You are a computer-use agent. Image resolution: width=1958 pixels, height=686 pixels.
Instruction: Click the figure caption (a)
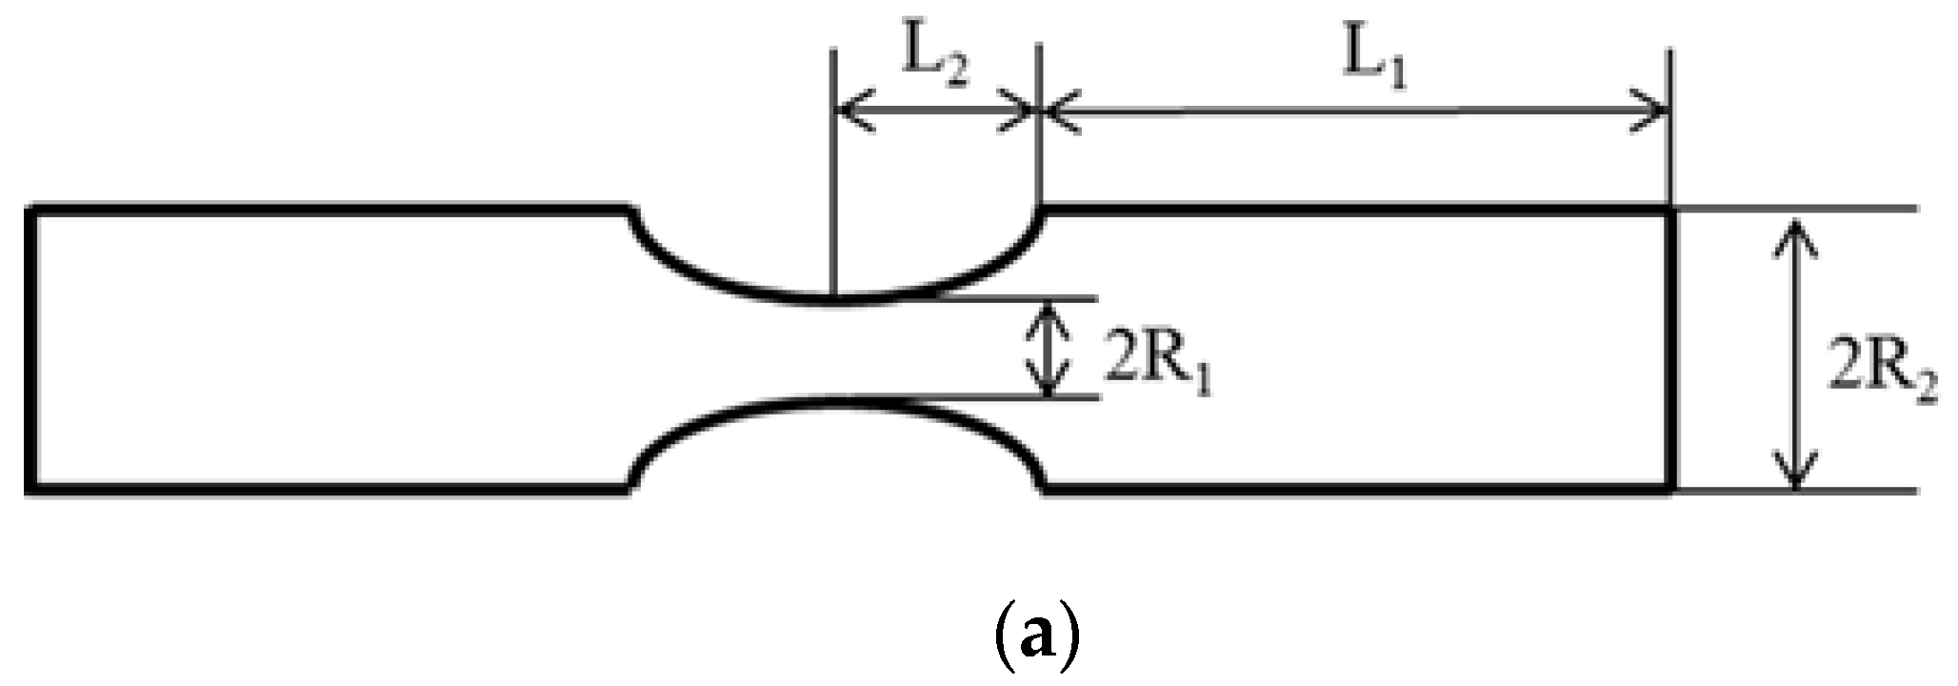1031,634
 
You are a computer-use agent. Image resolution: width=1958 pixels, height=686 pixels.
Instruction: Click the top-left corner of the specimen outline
31,209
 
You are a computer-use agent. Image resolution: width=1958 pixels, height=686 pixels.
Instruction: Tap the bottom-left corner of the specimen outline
31,490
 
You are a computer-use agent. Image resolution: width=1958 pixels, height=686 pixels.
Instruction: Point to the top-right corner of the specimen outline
1672,209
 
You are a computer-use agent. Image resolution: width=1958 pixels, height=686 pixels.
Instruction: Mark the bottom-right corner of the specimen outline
1672,490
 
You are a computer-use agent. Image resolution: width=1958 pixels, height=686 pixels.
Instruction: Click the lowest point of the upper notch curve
834,300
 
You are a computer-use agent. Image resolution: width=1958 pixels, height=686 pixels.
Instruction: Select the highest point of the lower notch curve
834,400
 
